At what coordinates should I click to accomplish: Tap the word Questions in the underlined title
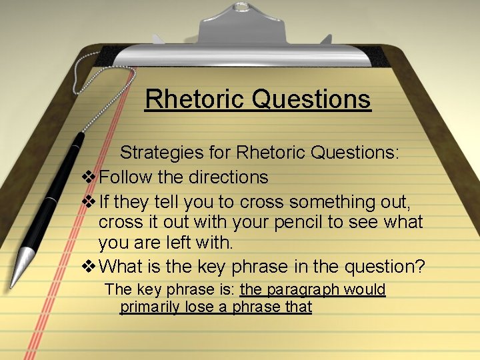click(x=312, y=99)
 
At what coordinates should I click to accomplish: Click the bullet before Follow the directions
click(x=88, y=177)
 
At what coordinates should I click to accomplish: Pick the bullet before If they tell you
click(x=88, y=201)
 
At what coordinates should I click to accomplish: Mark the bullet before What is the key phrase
click(x=88, y=267)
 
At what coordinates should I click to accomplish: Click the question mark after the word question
click(x=419, y=267)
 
